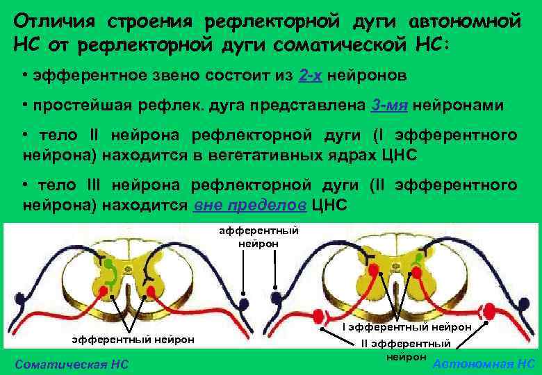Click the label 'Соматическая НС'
(72, 365)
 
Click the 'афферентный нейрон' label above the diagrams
(258, 237)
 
